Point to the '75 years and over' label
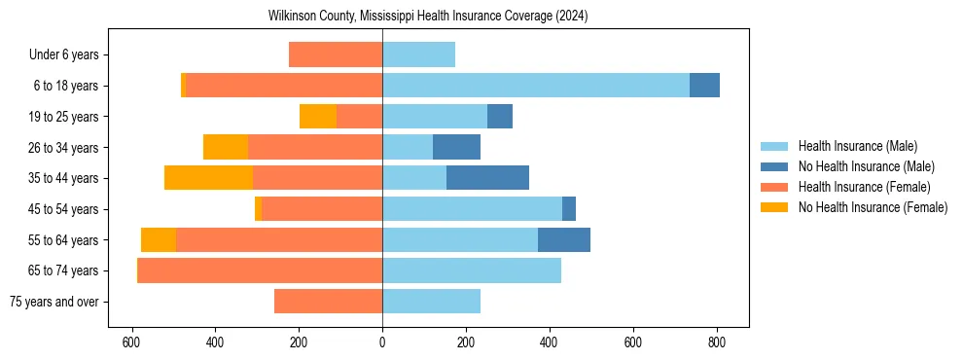[x=53, y=302]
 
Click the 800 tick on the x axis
[x=717, y=342]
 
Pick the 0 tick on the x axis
[x=382, y=342]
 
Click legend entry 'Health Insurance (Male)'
[x=857, y=146]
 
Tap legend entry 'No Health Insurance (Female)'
[x=873, y=207]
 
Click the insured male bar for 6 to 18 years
[x=536, y=86]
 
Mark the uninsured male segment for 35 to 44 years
[x=487, y=178]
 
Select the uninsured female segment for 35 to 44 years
[x=208, y=178]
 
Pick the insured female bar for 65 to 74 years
[x=261, y=270]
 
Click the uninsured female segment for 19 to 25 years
[x=318, y=117]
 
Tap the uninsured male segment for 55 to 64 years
[x=564, y=239]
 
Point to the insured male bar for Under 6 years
[x=418, y=55]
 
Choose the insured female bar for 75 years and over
[x=328, y=302]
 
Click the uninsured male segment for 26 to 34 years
[x=456, y=147]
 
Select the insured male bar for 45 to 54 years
[x=472, y=209]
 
